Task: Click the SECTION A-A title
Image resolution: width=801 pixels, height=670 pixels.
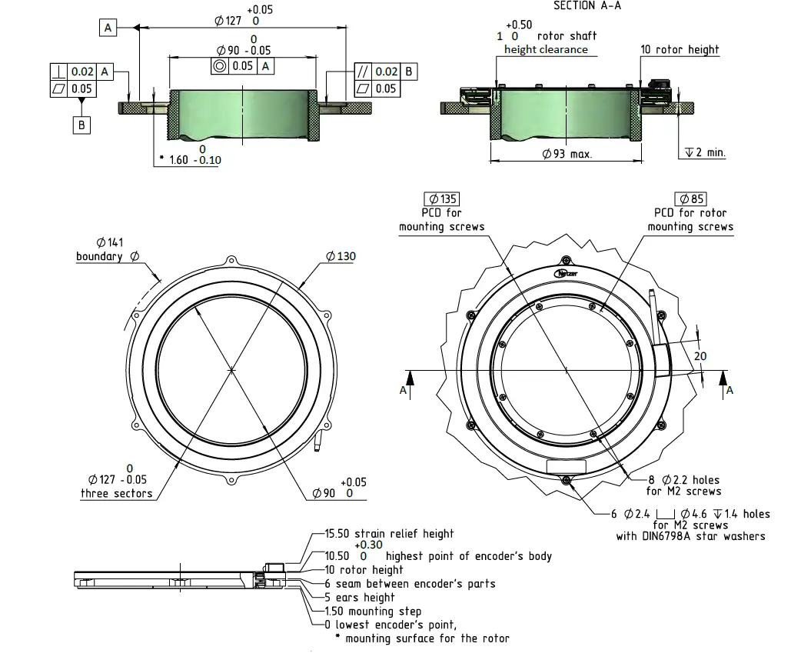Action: point(588,5)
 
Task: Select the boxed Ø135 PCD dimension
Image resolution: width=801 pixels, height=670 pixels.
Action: point(441,199)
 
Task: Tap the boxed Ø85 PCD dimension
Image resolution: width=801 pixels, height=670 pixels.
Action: point(690,199)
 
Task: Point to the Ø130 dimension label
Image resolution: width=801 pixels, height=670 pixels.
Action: point(341,255)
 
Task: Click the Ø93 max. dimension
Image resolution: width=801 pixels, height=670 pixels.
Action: point(567,154)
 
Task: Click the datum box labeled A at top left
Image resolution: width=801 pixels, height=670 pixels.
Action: point(108,28)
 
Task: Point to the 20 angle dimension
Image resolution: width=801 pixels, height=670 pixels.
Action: point(700,356)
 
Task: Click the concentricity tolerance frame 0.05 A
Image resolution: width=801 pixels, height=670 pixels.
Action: point(243,66)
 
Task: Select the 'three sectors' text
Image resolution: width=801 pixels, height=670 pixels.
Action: point(116,493)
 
